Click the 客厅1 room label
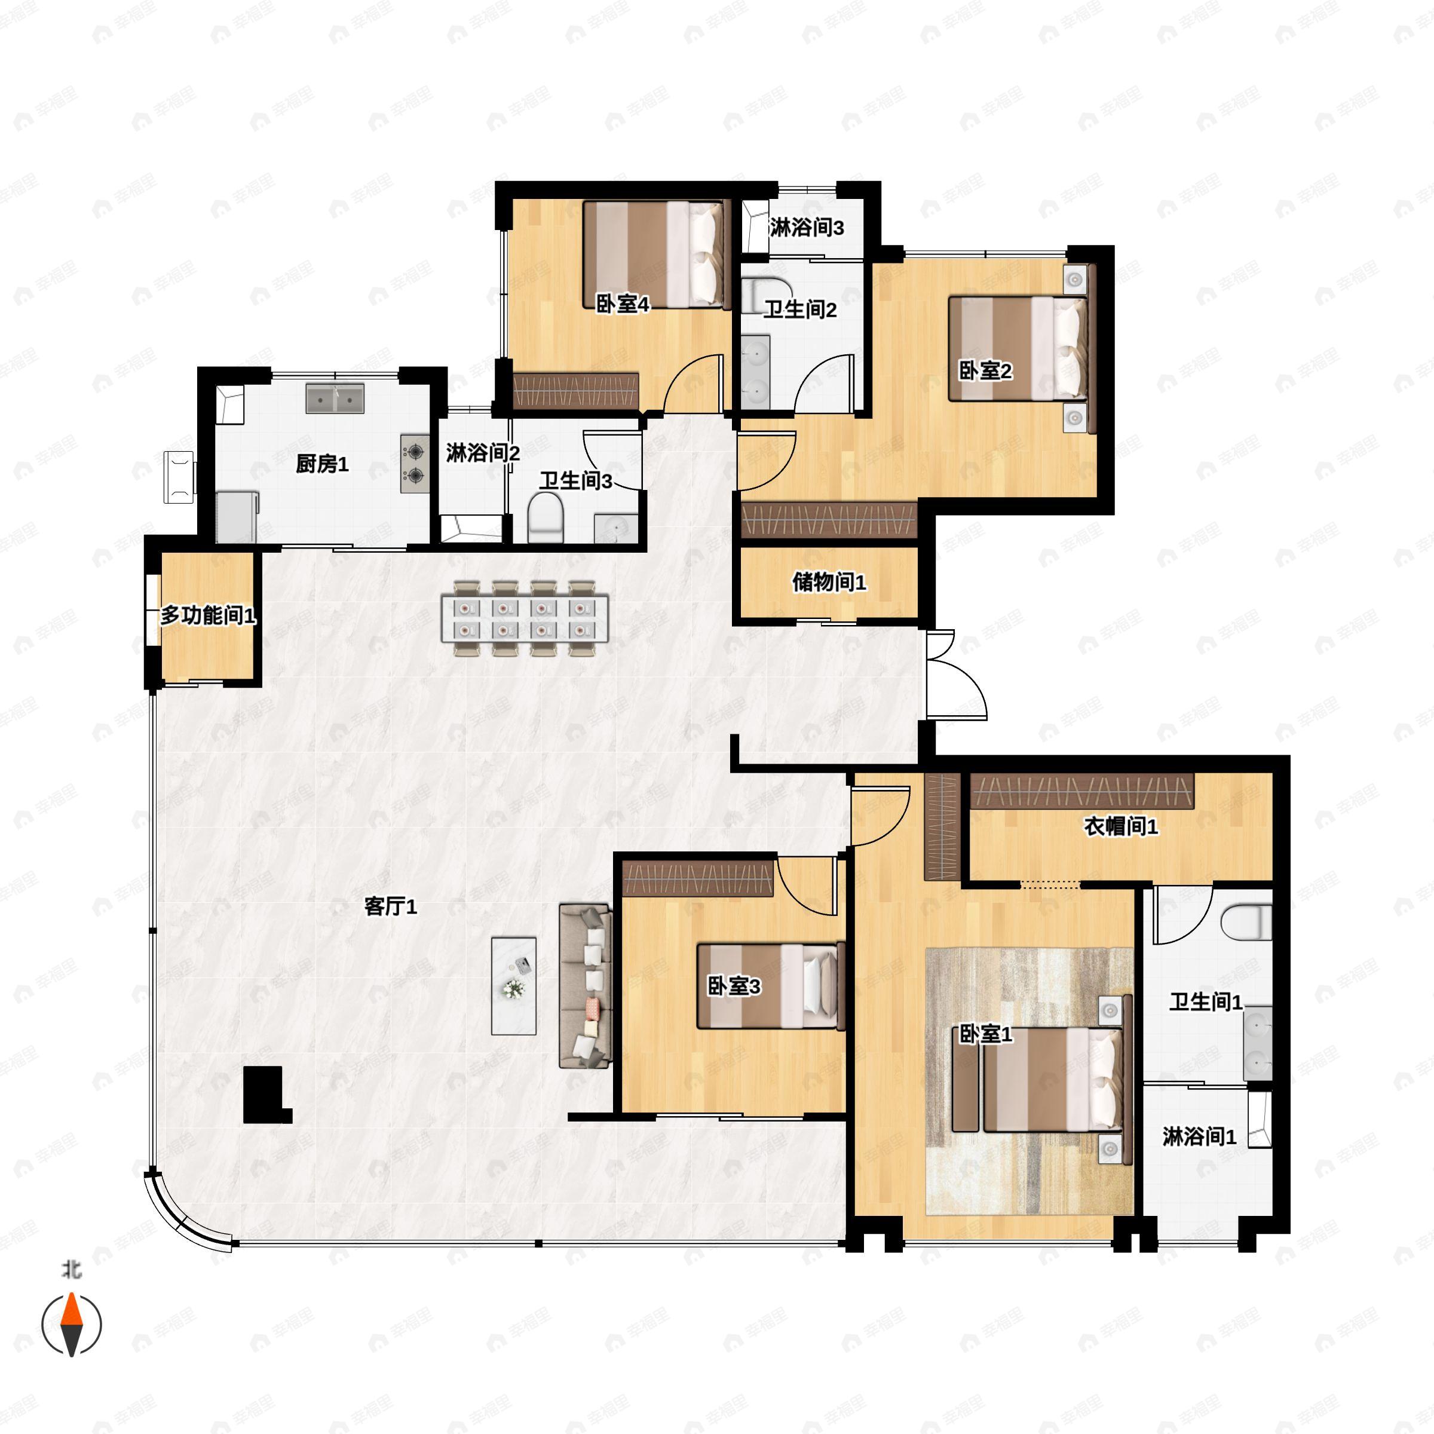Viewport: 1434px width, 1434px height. (390, 906)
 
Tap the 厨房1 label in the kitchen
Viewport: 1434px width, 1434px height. (322, 465)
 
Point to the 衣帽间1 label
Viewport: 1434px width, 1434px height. (1121, 826)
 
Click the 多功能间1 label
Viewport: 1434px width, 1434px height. (209, 615)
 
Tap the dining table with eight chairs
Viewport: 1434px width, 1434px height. (525, 618)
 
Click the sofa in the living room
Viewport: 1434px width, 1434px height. (586, 986)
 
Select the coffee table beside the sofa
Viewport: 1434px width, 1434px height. (514, 986)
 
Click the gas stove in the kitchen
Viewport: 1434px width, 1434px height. (415, 464)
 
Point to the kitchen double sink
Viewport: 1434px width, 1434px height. (335, 399)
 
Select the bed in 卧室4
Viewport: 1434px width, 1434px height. (653, 255)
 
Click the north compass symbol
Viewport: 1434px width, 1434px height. (71, 1325)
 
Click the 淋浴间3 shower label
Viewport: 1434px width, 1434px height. (807, 228)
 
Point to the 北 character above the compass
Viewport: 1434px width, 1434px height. (72, 1270)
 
